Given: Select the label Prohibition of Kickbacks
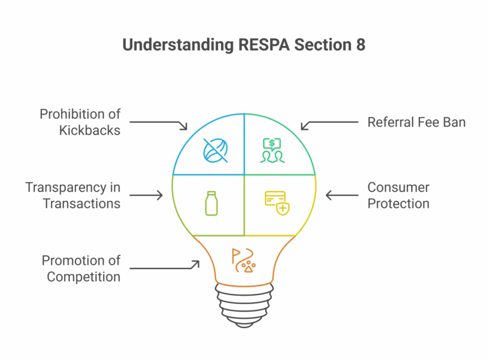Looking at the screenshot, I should coord(80,122).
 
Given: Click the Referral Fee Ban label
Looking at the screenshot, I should coord(416,122).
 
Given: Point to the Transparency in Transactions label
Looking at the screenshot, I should coord(73,195).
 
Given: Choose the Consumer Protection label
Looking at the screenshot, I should coord(398,195).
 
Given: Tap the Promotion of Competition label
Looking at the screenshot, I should coord(81,268).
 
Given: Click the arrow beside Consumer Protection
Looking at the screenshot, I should coord(341,195).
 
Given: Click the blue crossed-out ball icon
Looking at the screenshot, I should coord(212,150).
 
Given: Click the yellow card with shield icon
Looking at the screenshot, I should coord(276,202).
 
